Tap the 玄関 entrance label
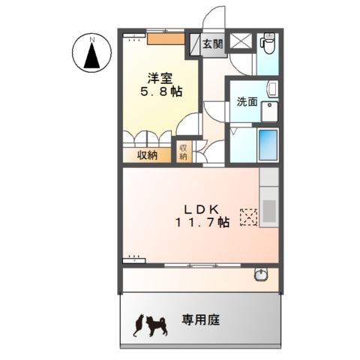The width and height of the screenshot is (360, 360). pos(212,44)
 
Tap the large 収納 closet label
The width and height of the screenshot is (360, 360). pos(147,155)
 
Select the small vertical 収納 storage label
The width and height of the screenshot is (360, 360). pos(184,151)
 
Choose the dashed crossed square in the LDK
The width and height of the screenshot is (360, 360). pos(248,217)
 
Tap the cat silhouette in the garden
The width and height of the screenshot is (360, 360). pos(138,325)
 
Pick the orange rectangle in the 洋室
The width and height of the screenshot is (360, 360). pos(165,38)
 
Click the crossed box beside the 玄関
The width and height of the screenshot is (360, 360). pos(242,42)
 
